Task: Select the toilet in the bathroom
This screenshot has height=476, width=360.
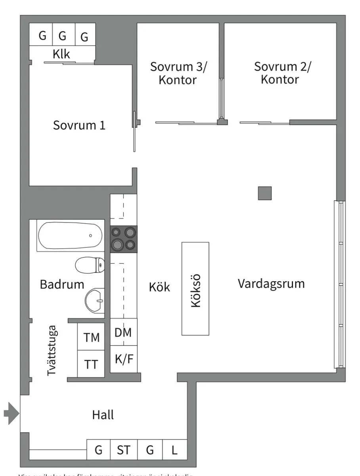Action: (x=90, y=265)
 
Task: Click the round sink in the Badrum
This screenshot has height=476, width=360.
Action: (x=94, y=301)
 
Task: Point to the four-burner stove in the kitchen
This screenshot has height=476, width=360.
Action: (x=124, y=239)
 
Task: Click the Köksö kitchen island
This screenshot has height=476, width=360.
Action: (x=195, y=288)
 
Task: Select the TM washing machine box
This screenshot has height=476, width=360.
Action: (x=91, y=337)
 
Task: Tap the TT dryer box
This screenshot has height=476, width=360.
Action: (x=91, y=364)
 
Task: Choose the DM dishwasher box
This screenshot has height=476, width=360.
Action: (x=123, y=332)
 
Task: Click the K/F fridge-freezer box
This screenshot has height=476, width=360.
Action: (x=124, y=359)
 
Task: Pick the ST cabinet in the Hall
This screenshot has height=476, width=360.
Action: (x=123, y=450)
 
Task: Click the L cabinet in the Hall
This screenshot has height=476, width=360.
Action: (x=174, y=450)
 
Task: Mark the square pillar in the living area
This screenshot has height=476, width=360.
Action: (x=264, y=193)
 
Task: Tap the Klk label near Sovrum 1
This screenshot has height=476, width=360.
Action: (x=61, y=54)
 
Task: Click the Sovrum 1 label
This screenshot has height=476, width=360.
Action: (x=79, y=125)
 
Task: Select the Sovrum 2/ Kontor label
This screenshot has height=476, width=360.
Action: (x=282, y=73)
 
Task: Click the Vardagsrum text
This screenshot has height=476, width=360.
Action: (x=271, y=284)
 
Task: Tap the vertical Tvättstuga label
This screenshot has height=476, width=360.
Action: (x=52, y=351)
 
